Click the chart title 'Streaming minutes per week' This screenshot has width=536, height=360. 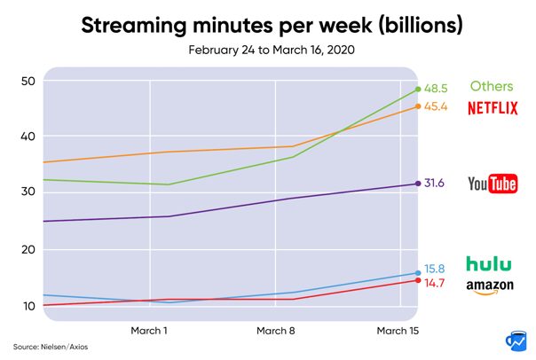tap(272, 24)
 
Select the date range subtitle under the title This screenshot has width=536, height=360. tap(271, 51)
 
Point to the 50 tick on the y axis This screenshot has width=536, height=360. tap(27, 82)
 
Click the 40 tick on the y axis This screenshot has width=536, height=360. tap(27, 137)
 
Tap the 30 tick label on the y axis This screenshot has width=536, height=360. tap(27, 192)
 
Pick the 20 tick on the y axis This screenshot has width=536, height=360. tap(27, 250)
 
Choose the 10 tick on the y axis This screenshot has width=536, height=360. tap(27, 306)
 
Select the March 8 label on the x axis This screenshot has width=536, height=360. tap(276, 330)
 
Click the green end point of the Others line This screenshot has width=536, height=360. tap(418, 89)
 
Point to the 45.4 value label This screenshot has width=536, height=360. tap(435, 107)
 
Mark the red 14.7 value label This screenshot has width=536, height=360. tap(434, 283)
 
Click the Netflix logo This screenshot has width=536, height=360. tap(493, 109)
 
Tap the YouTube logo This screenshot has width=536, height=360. tap(493, 184)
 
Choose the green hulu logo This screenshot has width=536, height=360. tap(490, 263)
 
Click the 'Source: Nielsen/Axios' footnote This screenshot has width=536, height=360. tap(42, 346)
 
